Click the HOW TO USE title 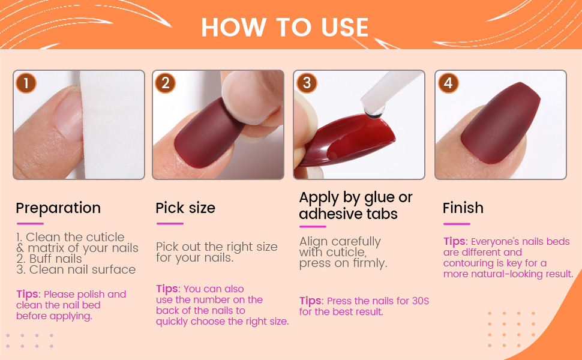[x=284, y=27]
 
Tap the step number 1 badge [x=25, y=83]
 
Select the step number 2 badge [x=165, y=83]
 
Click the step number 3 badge [x=306, y=83]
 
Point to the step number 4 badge [x=448, y=83]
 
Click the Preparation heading [x=58, y=208]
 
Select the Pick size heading [x=185, y=208]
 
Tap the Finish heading [x=463, y=208]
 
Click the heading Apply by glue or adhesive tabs [x=356, y=205]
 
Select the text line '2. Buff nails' [x=49, y=259]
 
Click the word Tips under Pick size [x=167, y=289]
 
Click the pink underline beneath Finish [x=457, y=224]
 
